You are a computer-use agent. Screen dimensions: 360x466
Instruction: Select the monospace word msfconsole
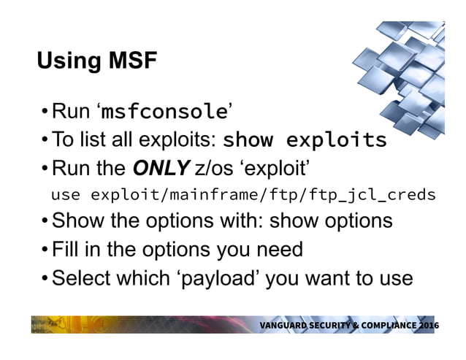coord(164,112)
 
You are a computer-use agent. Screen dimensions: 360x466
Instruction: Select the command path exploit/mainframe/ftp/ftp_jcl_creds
coord(263,195)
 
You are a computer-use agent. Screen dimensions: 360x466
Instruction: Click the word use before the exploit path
coord(67,195)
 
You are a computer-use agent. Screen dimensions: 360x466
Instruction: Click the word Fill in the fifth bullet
coord(69,249)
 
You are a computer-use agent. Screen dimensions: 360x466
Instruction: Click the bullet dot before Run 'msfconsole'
coord(45,112)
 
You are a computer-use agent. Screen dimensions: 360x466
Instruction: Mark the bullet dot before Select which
coord(45,278)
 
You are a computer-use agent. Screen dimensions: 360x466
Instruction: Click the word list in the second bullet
coord(91,139)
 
